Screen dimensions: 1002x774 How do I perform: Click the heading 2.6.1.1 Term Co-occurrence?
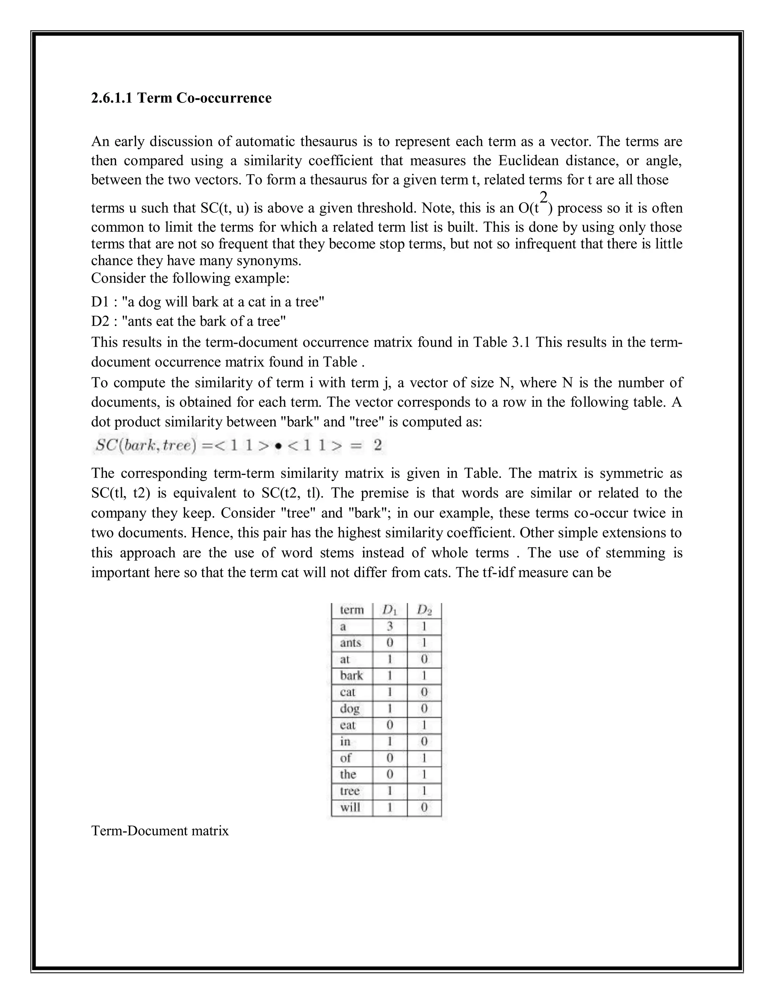(181, 98)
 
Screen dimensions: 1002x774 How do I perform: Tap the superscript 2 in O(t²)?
(543, 198)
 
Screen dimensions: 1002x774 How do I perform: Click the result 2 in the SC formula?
(378, 445)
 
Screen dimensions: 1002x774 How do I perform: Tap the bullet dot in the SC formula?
(278, 446)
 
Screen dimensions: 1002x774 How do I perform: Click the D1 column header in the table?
(390, 610)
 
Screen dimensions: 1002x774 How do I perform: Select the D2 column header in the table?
(424, 610)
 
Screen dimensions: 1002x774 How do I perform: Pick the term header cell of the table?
(352, 610)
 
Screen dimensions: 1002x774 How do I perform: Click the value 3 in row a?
(390, 626)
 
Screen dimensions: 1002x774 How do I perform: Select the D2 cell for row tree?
(424, 791)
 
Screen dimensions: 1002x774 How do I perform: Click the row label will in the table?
(350, 808)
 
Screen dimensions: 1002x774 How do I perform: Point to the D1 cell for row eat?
(390, 725)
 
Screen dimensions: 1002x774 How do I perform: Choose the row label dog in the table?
(350, 709)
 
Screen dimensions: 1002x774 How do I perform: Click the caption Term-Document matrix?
(159, 831)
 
